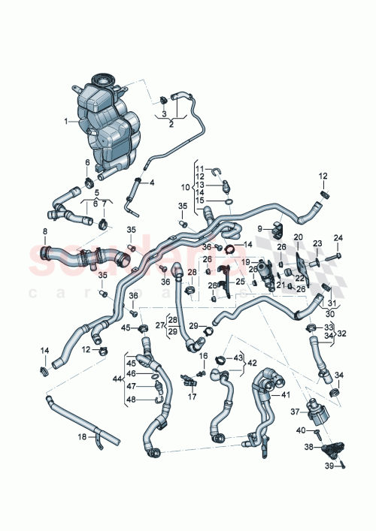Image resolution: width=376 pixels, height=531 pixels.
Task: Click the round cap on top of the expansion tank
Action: pos(101,79)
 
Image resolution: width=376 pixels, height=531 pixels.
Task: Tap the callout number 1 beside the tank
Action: pos(66,121)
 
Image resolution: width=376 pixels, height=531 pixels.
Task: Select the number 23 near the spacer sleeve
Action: pos(317,243)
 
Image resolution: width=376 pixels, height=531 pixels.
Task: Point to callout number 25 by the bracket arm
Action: pos(241,281)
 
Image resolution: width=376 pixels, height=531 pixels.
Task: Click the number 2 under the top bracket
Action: pos(171,125)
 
